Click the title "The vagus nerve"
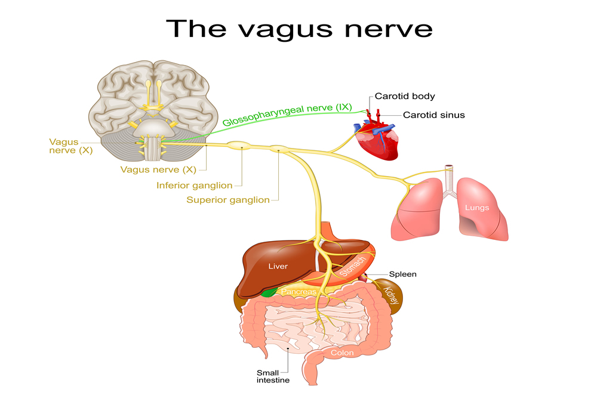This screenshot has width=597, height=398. pos(298,29)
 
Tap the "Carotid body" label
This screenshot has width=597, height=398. pos(405,96)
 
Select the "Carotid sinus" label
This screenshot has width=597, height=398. pos(433,115)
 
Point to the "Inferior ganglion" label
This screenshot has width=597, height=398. pos(195,186)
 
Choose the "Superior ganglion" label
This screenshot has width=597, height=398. pos(228,200)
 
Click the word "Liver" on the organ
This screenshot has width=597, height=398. pos(278,266)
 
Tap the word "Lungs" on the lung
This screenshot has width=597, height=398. pos(477,208)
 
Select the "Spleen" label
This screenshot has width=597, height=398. pos(402,274)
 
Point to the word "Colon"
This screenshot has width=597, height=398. pos(342,353)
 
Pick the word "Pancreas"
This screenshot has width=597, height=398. pos(298,292)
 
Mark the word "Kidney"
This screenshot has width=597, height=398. pos(392,295)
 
